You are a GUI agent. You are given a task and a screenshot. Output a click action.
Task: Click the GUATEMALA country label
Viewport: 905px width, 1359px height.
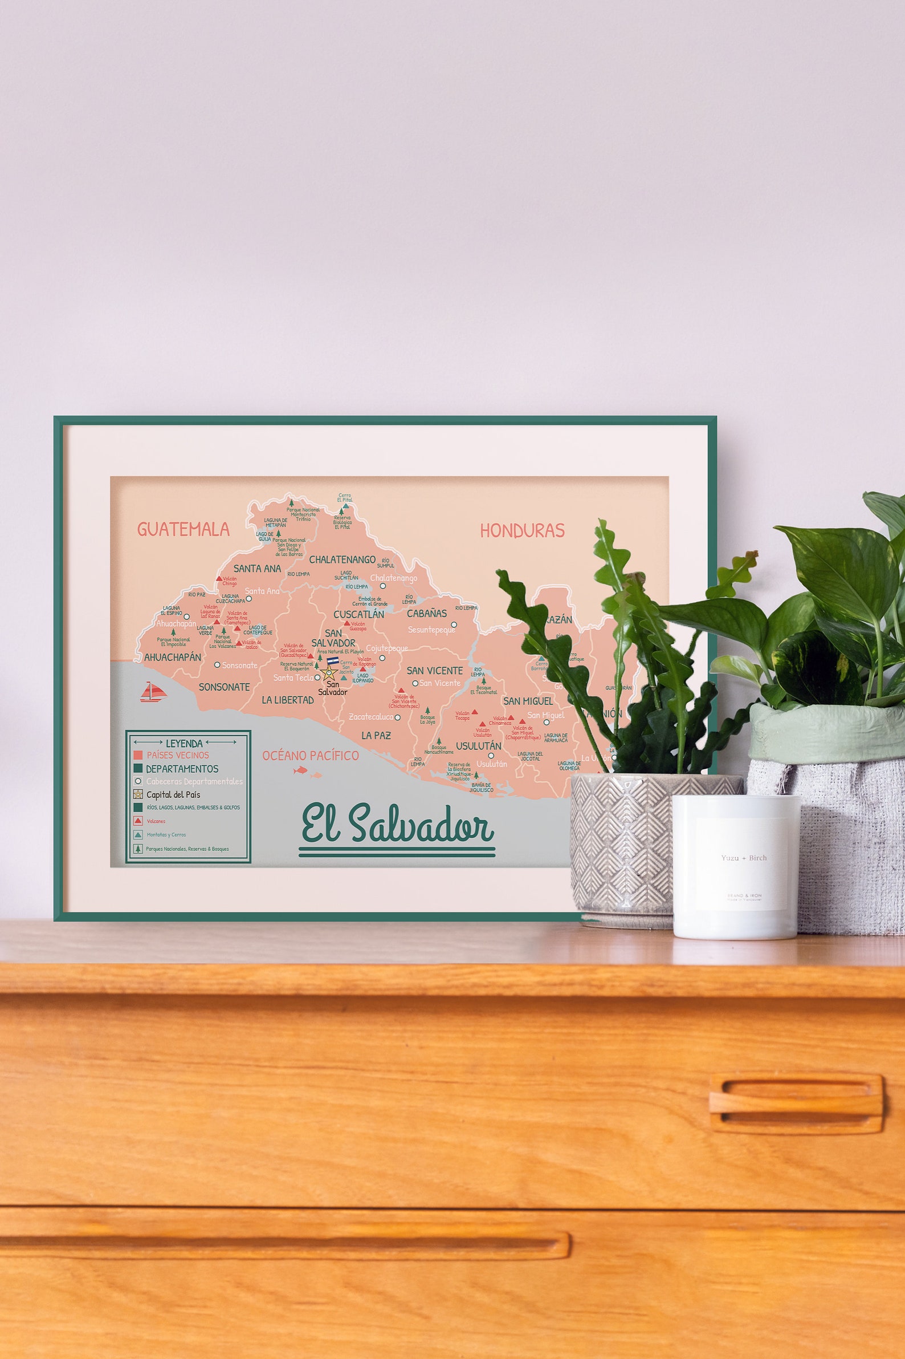[x=183, y=529]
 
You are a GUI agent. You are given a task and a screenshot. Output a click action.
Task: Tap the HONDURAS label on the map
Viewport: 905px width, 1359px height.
[x=522, y=531]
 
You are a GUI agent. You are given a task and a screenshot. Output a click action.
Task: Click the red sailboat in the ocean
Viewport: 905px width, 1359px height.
[x=153, y=692]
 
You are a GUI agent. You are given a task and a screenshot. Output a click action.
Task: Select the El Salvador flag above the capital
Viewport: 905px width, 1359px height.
[x=332, y=661]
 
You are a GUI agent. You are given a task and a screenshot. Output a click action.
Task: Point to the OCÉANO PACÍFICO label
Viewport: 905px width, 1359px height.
[x=311, y=756]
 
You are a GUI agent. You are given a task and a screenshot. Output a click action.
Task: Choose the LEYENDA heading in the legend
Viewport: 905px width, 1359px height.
[x=184, y=743]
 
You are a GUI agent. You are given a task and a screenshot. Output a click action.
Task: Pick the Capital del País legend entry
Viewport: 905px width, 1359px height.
[x=173, y=795]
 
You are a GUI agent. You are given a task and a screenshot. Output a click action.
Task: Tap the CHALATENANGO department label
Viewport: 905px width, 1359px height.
[x=343, y=559]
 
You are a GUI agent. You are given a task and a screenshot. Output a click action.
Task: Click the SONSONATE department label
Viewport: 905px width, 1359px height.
[x=224, y=687]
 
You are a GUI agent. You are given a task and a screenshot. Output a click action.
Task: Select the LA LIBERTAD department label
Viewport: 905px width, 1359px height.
[x=287, y=700]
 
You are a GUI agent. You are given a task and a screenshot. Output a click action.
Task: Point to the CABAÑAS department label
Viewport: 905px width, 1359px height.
[x=426, y=614]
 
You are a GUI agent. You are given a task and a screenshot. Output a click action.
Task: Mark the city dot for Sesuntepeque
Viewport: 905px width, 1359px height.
[x=454, y=624]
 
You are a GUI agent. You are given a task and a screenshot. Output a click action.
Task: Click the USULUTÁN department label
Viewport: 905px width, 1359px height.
[x=479, y=745]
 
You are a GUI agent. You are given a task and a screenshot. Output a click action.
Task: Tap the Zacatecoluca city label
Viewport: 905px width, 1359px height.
[x=370, y=717]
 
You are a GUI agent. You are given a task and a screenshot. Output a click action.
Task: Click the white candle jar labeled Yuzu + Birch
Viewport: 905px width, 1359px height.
[x=735, y=866]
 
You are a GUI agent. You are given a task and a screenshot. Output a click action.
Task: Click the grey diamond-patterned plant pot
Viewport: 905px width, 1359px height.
[x=623, y=849]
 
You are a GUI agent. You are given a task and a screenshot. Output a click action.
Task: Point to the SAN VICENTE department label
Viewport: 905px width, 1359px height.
[x=435, y=671]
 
